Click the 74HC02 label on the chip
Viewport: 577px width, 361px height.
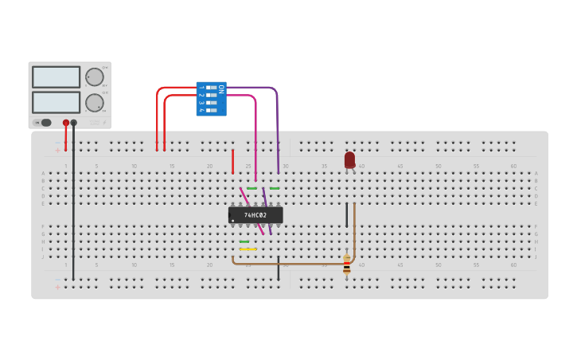click(255, 215)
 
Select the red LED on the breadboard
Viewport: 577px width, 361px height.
click(349, 160)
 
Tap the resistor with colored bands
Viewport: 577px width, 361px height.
click(346, 265)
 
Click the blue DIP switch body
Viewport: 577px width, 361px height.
click(211, 99)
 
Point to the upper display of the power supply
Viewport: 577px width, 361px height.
click(56, 77)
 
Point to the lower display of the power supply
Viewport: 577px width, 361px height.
click(56, 102)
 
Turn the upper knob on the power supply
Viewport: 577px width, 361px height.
click(94, 77)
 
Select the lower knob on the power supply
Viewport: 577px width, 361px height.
click(94, 102)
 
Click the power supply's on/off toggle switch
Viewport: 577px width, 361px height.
click(45, 123)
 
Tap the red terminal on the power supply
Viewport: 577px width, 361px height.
click(65, 123)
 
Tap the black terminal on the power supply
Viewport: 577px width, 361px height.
click(74, 123)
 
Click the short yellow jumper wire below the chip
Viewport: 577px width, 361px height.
click(248, 249)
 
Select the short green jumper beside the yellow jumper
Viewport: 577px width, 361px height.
click(244, 241)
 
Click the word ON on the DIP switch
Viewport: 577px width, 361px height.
click(221, 88)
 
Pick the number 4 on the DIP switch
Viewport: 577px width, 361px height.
click(201, 111)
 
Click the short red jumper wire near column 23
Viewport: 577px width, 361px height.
click(232, 161)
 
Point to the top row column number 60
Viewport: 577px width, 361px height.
click(513, 166)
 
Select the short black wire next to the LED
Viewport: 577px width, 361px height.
click(347, 214)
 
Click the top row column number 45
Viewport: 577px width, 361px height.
click(400, 166)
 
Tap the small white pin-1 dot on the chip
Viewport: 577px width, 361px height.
click(232, 221)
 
